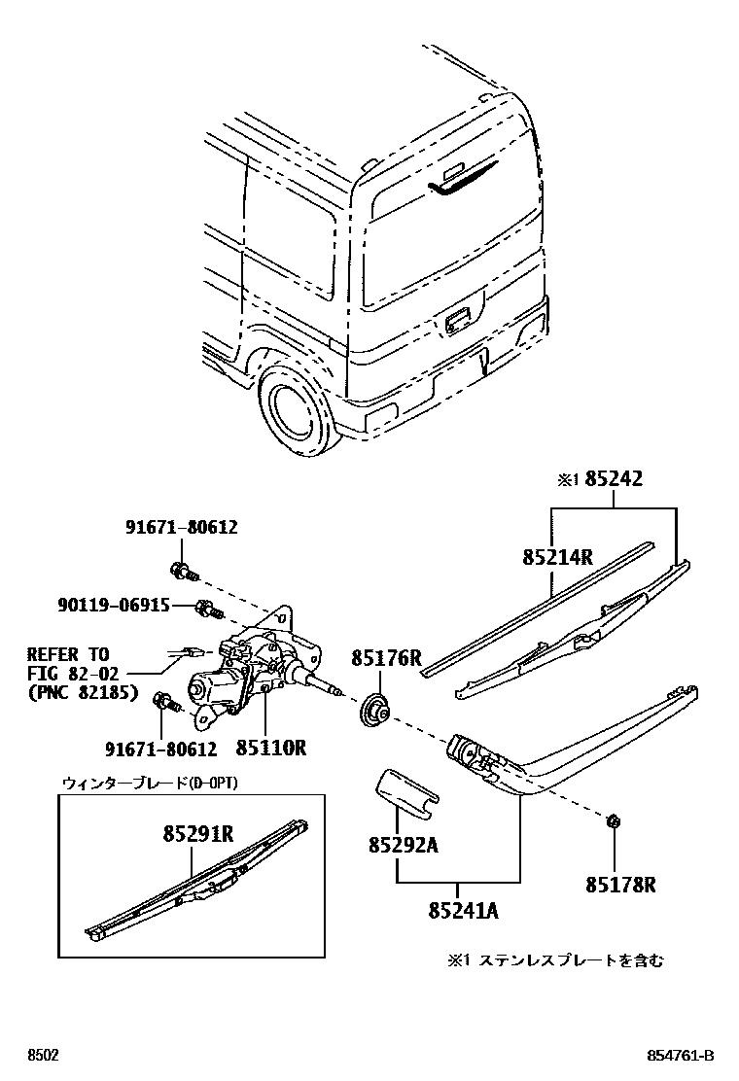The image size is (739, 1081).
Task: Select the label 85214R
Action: [x=557, y=557]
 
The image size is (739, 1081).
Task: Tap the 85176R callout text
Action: [x=386, y=659]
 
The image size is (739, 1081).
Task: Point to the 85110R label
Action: [x=270, y=749]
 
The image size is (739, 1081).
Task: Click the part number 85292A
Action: [x=402, y=846]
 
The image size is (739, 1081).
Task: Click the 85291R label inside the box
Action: [x=197, y=833]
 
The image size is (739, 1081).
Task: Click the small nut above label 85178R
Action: [x=613, y=822]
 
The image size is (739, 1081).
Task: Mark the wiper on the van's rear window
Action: [x=464, y=181]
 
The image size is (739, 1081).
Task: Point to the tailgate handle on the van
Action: [x=457, y=319]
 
